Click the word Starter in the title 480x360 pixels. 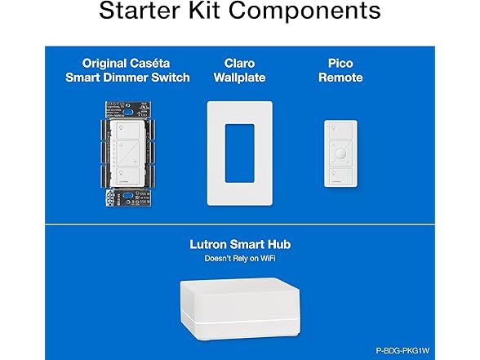tap(142, 12)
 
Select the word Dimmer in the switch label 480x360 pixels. tap(153, 78)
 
